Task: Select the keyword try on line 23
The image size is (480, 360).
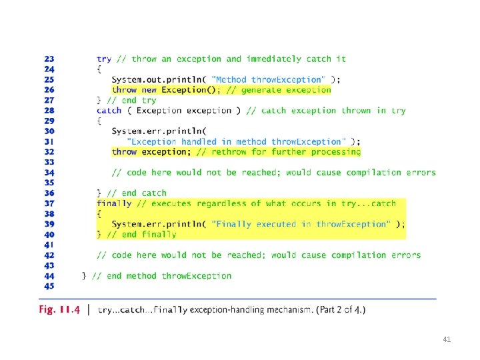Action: [x=104, y=59]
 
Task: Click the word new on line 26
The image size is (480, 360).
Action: [x=149, y=89]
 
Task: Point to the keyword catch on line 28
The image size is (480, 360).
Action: [x=109, y=111]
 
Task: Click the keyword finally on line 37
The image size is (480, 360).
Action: [x=114, y=203]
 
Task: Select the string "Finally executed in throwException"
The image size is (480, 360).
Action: [x=301, y=224]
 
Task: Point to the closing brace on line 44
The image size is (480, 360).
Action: [x=84, y=275]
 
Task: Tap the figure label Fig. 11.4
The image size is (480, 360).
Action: [x=60, y=310]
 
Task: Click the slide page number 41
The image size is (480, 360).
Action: [x=447, y=339]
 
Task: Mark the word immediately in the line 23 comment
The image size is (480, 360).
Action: [x=273, y=59]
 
